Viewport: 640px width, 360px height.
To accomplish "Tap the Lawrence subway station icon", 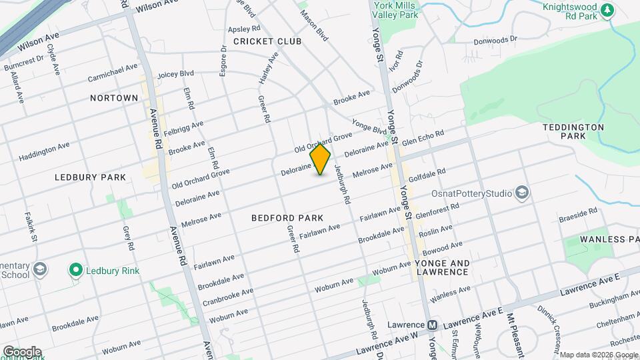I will click(x=432, y=325).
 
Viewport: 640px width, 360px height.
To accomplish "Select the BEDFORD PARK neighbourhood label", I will click(x=287, y=218).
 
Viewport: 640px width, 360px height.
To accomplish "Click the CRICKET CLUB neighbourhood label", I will click(x=267, y=41).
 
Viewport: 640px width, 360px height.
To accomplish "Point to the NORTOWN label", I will click(x=114, y=98).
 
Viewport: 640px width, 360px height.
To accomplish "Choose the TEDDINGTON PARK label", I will click(x=573, y=131).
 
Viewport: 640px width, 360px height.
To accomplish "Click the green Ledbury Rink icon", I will click(x=76, y=270).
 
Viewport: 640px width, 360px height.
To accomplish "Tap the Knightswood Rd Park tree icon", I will click(x=607, y=10).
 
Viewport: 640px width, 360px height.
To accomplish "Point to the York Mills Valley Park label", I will click(x=396, y=9).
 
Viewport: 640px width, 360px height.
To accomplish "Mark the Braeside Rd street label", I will click(x=578, y=213).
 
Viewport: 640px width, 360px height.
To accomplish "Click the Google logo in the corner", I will click(x=21, y=351).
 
